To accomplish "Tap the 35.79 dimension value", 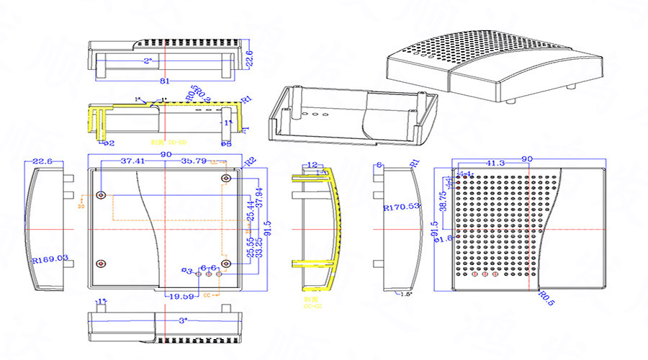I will [x=194, y=161].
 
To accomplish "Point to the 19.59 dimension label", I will [x=180, y=296].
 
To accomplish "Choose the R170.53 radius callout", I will [x=402, y=207].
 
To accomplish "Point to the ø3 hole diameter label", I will [x=189, y=271].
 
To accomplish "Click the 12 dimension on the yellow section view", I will [x=312, y=165].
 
